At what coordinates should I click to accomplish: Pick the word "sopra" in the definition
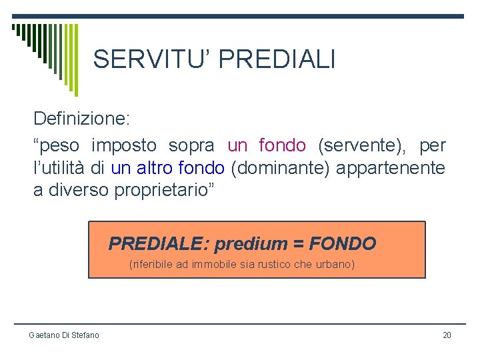[x=191, y=145]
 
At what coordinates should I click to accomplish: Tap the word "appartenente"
[x=391, y=168]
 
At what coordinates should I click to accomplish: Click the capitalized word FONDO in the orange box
[x=343, y=244]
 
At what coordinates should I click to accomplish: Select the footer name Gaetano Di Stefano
[x=63, y=335]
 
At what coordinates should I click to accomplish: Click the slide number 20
[x=447, y=335]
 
